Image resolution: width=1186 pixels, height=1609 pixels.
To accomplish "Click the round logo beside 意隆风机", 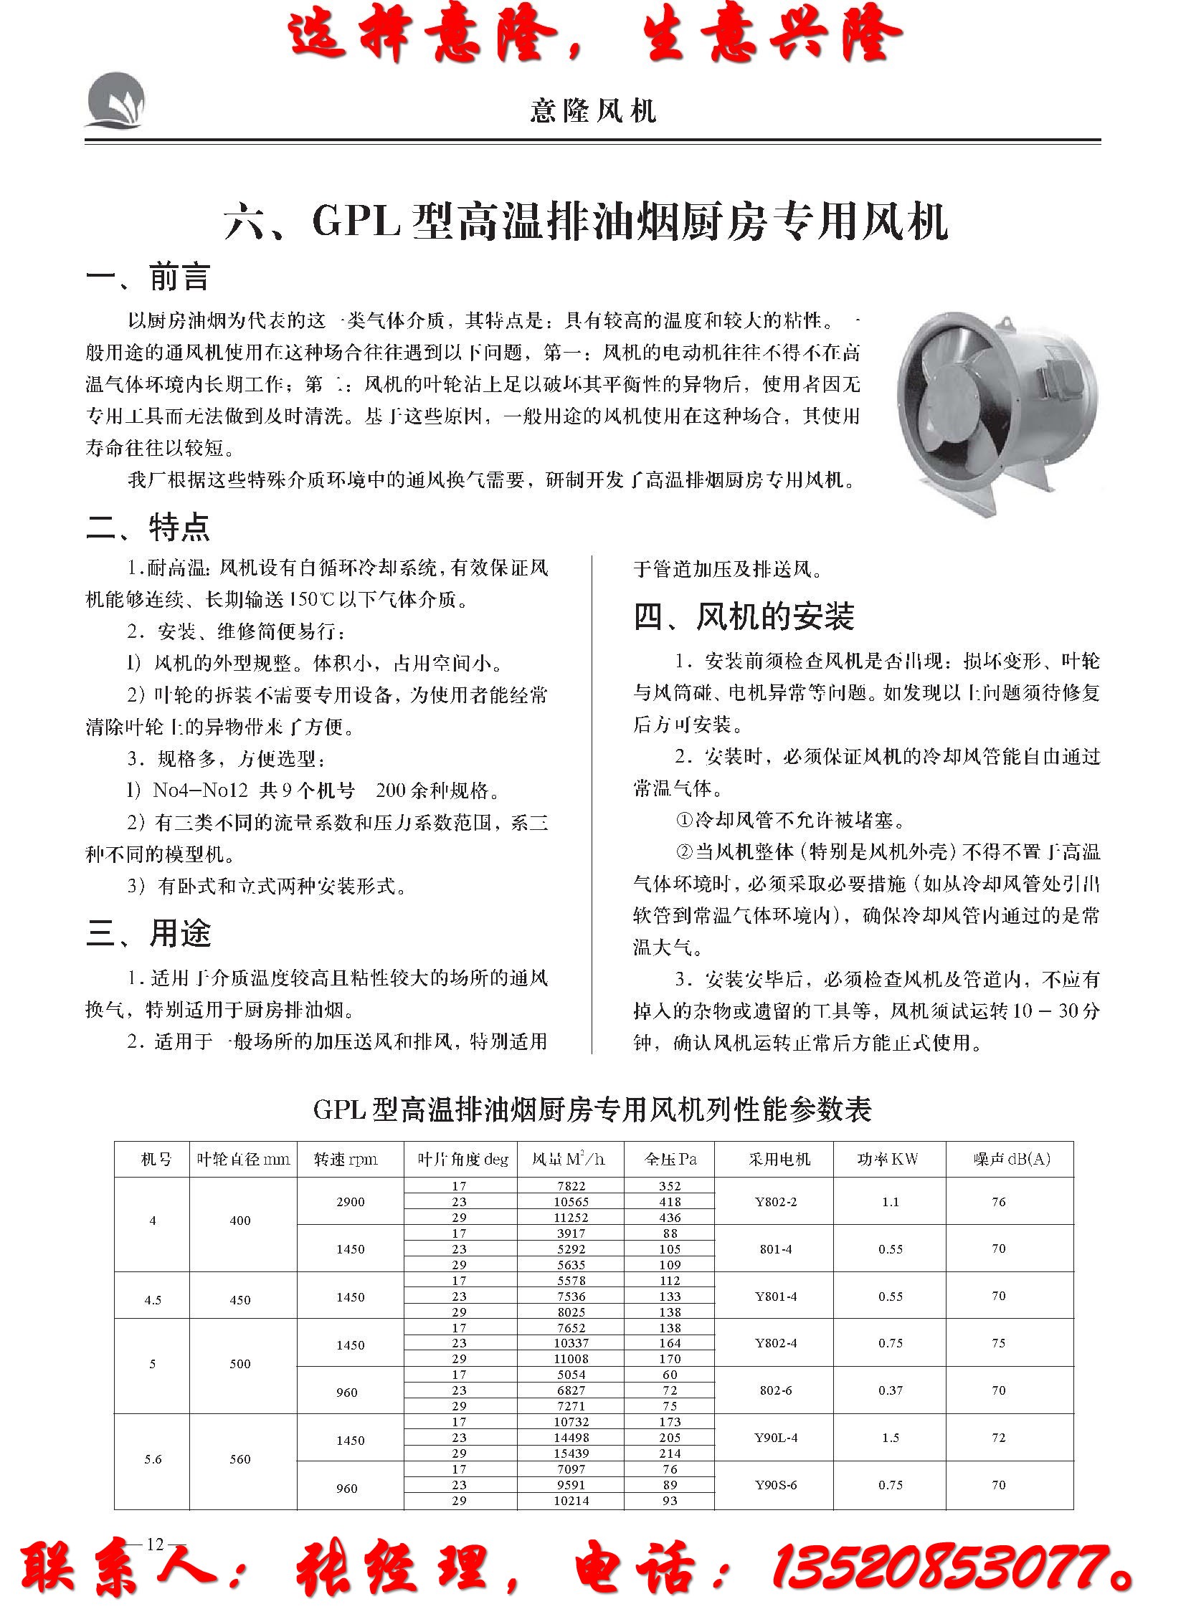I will (x=115, y=101).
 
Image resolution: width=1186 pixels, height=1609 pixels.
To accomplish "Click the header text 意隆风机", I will (x=593, y=110).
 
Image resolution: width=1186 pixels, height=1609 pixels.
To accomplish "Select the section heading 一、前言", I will (x=148, y=277).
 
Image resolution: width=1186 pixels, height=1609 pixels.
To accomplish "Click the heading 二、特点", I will (x=148, y=527).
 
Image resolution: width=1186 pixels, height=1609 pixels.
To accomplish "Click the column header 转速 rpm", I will (x=346, y=1159).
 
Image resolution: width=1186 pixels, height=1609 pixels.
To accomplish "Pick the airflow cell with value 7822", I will (x=571, y=1185).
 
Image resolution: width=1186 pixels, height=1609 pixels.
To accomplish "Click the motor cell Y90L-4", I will (x=775, y=1438).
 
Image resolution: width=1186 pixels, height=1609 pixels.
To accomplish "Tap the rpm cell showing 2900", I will (x=351, y=1201).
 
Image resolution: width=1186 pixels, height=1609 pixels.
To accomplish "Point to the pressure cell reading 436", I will (x=670, y=1217).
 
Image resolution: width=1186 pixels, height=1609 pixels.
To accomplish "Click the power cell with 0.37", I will (x=891, y=1390).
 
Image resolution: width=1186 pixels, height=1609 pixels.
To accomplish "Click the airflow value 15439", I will (x=571, y=1453).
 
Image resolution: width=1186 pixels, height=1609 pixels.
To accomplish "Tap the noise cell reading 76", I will (x=999, y=1201).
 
